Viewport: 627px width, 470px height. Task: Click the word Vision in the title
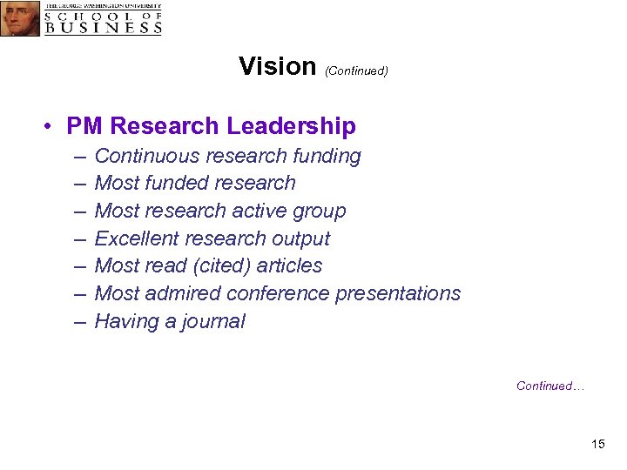tap(277, 66)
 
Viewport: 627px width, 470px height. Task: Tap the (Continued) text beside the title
tap(356, 70)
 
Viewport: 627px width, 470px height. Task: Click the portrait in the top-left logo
tap(20, 18)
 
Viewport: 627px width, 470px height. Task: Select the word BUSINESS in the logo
tap(103, 27)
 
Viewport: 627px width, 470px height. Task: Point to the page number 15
tap(597, 445)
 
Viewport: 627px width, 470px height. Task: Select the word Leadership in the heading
tap(291, 126)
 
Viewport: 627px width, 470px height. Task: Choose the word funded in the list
tap(178, 183)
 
